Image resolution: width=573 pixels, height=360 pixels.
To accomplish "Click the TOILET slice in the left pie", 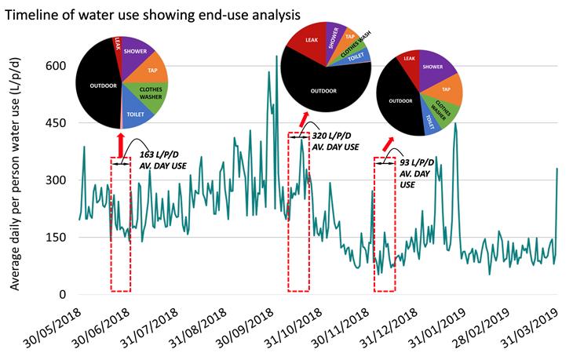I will coord(138,115).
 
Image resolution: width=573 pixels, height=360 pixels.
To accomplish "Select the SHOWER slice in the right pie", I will coord(439,67).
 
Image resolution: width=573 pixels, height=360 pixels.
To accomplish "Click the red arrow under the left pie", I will coord(120,146).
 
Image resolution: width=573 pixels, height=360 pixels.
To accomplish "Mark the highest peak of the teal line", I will coord(276,56).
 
